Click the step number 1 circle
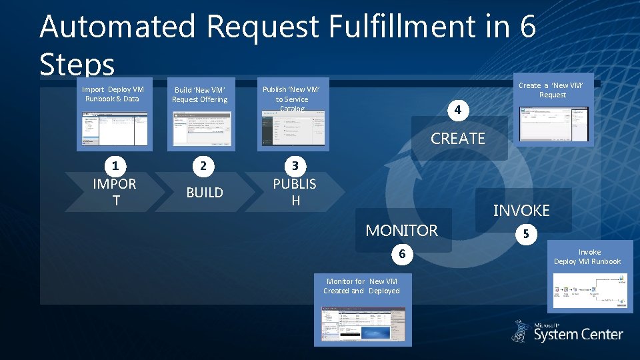[x=116, y=165]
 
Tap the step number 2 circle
[x=204, y=165]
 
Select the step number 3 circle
[x=294, y=165]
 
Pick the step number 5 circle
[x=525, y=235]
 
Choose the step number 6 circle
[x=402, y=254]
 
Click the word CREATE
[x=458, y=139]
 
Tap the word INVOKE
[x=521, y=211]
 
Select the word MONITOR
[x=402, y=231]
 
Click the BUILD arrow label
[x=205, y=193]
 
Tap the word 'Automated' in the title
[x=117, y=27]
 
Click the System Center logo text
[x=578, y=334]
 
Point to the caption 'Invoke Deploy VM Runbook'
[x=587, y=257]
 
